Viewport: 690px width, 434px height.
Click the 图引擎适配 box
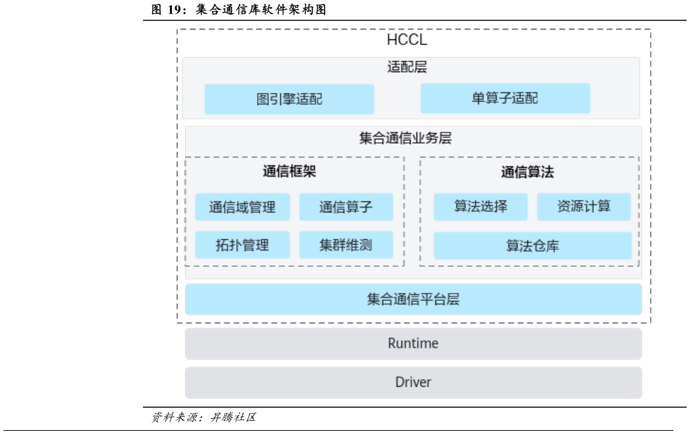pos(289,99)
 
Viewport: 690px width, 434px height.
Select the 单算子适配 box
pos(505,98)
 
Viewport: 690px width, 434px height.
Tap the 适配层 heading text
pos(407,67)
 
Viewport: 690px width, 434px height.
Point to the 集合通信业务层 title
pos(405,138)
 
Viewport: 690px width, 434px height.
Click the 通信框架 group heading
pos(289,172)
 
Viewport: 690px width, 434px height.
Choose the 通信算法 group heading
pos(527,172)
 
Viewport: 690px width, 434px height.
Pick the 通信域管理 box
pos(241,207)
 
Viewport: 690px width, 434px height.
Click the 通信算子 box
pos(346,207)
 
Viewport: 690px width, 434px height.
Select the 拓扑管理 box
pos(242,245)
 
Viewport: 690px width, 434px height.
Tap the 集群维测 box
pos(346,245)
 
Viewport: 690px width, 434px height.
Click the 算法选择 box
pos(480,207)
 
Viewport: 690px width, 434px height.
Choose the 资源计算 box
pos(584,207)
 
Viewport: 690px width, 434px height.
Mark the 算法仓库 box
pos(533,246)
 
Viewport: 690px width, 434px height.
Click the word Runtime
pos(413,344)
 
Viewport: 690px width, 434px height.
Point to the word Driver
pos(413,382)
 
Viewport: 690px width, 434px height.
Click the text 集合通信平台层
pos(413,300)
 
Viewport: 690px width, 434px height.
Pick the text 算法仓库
pos(533,246)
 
